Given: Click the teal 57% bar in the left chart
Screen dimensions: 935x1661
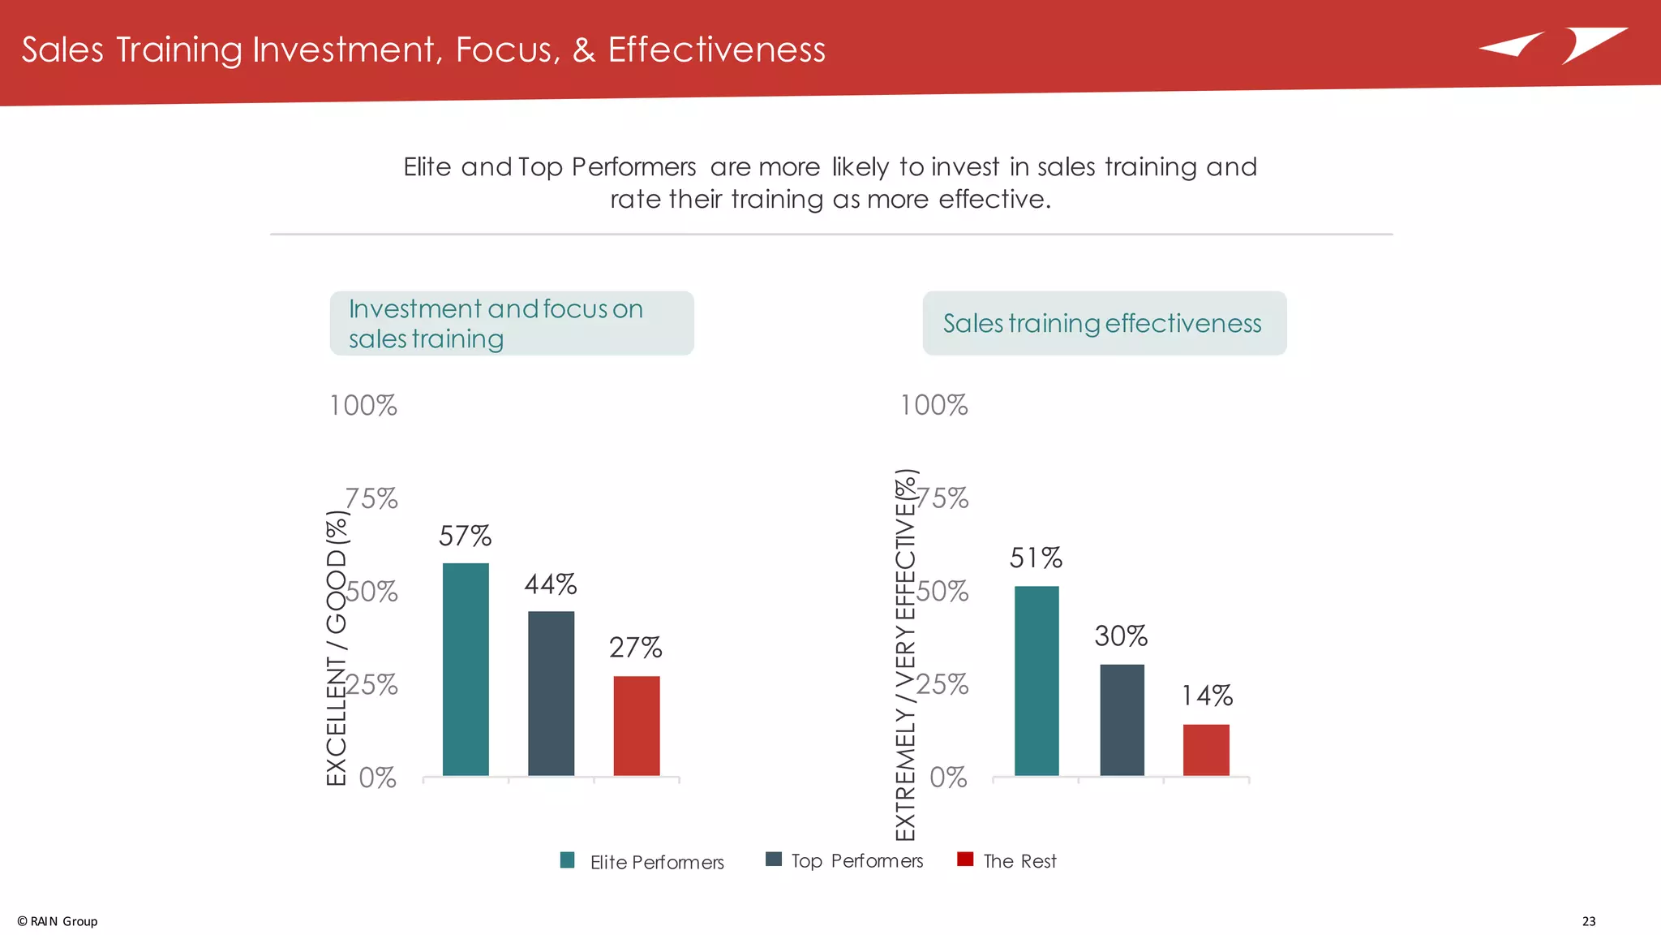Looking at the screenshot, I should point(466,669).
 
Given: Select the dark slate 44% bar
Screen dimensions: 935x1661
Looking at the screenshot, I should point(551,693).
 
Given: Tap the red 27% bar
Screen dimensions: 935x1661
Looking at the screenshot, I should point(637,726).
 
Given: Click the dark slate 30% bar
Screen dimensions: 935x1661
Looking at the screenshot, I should point(1122,720).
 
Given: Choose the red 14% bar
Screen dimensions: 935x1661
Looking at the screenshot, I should point(1206,750).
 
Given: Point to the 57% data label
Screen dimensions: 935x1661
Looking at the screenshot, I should point(465,536).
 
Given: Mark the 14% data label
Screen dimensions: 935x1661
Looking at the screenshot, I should point(1207,696).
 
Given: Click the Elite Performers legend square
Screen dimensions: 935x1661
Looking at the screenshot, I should point(568,860).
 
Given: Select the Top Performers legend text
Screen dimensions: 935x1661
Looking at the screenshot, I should point(856,861).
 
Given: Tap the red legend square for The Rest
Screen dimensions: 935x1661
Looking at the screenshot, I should point(965,860).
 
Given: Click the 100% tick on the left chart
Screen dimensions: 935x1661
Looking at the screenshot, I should point(363,406).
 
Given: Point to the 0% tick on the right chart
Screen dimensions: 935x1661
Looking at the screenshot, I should point(948,778).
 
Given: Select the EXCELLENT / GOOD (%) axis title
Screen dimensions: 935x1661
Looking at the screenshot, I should point(337,648).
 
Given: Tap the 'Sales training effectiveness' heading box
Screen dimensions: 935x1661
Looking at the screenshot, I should point(1104,323).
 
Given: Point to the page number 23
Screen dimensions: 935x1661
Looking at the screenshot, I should point(1588,921).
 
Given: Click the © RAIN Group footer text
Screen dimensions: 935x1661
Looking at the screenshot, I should point(58,921).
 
